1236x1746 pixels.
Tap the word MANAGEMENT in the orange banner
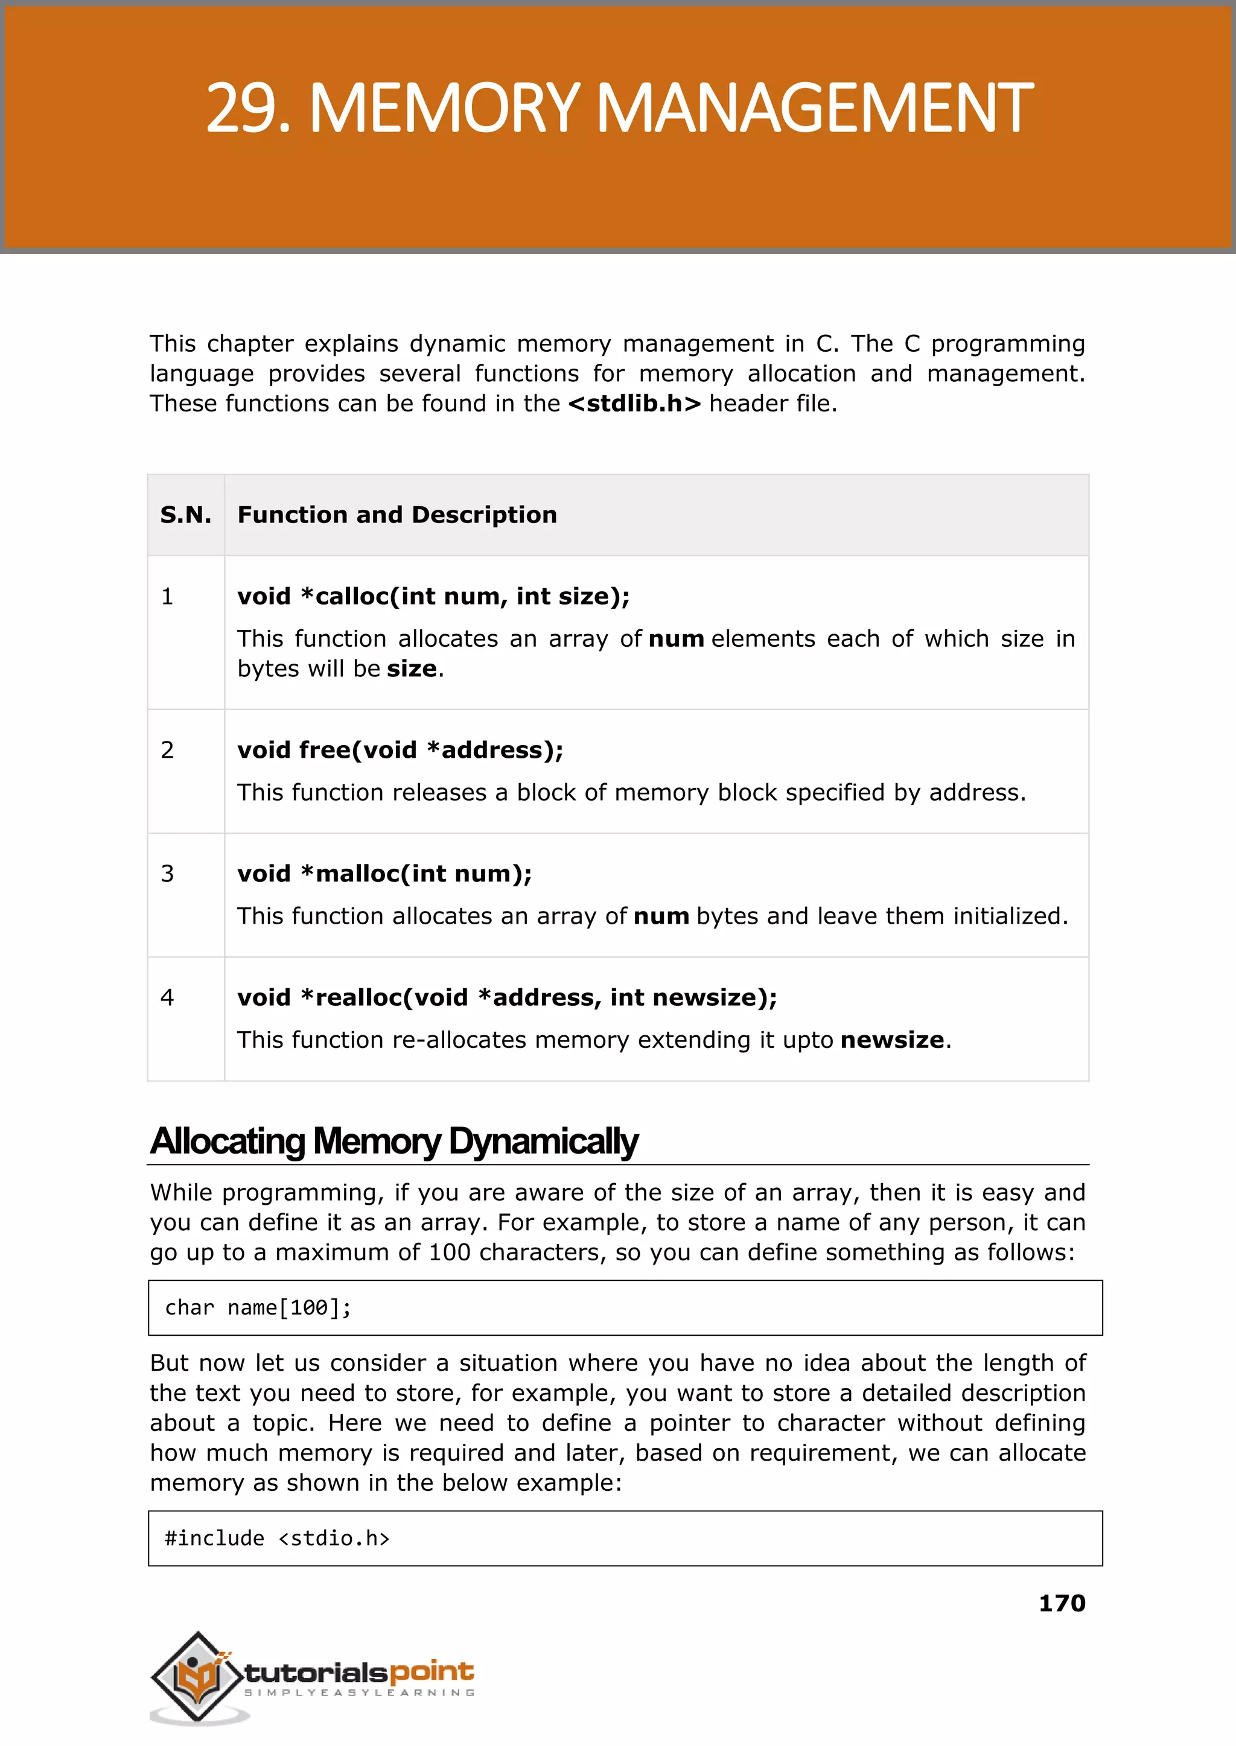(814, 109)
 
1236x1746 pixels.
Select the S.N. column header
(186, 515)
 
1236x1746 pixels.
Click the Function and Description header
(397, 515)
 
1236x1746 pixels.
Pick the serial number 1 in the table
(167, 597)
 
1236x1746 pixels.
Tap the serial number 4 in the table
(167, 997)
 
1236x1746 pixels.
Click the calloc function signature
(433, 597)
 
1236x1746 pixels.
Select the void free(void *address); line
(400, 750)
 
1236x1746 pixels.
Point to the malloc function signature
(384, 874)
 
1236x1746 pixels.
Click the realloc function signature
(507, 997)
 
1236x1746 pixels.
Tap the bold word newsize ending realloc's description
(892, 1040)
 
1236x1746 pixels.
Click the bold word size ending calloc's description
(412, 668)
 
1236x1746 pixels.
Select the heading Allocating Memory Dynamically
(393, 1141)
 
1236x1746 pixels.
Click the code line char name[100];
(258, 1308)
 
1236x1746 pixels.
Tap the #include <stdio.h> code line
(277, 1538)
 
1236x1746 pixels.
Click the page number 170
(1062, 1604)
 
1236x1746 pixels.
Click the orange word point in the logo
(432, 1672)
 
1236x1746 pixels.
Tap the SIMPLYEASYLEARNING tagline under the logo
(359, 1693)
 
